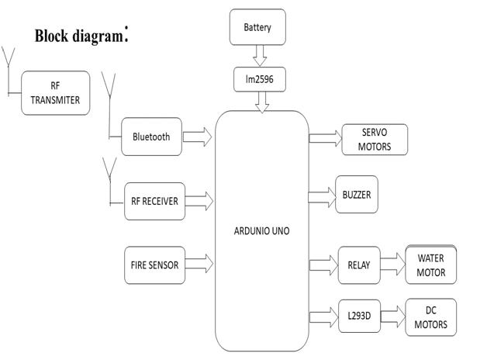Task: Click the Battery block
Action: pyautogui.click(x=257, y=27)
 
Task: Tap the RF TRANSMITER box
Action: pyautogui.click(x=55, y=92)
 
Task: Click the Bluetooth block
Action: pyautogui.click(x=151, y=137)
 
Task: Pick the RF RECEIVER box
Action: pyautogui.click(x=154, y=201)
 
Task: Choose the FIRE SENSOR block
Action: pyautogui.click(x=154, y=265)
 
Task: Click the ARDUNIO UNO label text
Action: pyautogui.click(x=261, y=230)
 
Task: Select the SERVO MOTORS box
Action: pyautogui.click(x=374, y=139)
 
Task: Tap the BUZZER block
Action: pyautogui.click(x=356, y=195)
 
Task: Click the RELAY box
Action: pyautogui.click(x=359, y=265)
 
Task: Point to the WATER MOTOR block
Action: pyautogui.click(x=431, y=265)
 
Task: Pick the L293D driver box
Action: pyautogui.click(x=359, y=317)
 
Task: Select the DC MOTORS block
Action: pyautogui.click(x=430, y=317)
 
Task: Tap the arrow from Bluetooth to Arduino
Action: pyautogui.click(x=198, y=137)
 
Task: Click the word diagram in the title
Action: pyautogui.click(x=95, y=36)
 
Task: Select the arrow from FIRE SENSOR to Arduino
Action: pyautogui.click(x=199, y=265)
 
